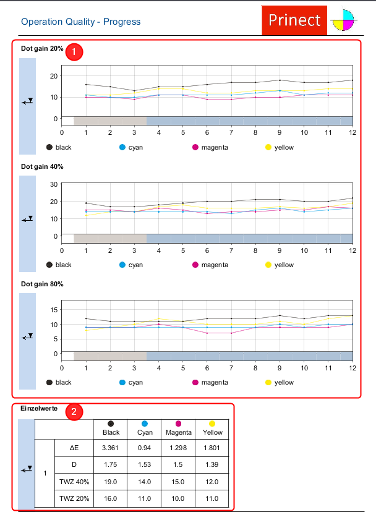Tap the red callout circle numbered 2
[74, 412]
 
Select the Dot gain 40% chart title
[42, 167]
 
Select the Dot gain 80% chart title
[42, 284]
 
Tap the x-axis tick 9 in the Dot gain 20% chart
[280, 132]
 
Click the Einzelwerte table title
[38, 409]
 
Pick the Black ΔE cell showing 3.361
[111, 447]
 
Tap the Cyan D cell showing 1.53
[144, 464]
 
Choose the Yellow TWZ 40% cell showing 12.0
[212, 481]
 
